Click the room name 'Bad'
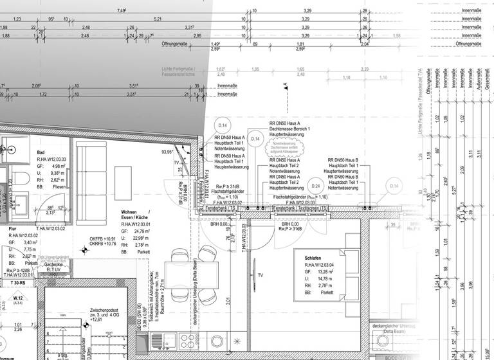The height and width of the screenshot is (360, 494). tap(41, 152)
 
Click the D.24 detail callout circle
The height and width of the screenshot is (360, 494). tap(315, 186)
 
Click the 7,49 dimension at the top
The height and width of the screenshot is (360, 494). tap(121, 11)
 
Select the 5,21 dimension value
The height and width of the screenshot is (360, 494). tap(157, 19)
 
